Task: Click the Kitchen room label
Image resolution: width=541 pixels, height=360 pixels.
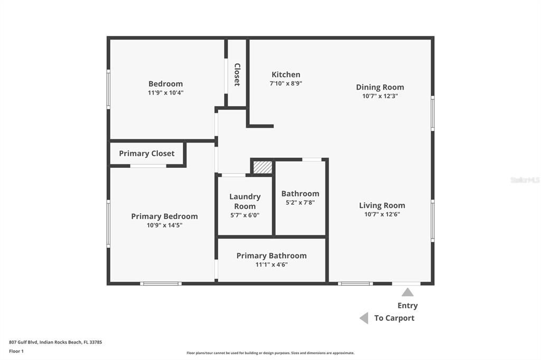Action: pos(286,74)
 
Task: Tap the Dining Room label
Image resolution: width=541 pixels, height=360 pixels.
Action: pos(380,87)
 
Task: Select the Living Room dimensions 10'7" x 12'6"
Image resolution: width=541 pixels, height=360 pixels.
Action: pos(382,214)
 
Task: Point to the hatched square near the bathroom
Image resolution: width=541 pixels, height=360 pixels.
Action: pos(263,167)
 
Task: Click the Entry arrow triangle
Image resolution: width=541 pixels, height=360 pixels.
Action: pos(407,292)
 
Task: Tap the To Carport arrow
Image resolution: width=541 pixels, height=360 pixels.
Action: pos(363,318)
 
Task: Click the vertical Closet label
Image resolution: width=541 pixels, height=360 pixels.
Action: pos(237,74)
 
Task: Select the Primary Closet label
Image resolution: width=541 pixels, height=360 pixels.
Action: pos(146,154)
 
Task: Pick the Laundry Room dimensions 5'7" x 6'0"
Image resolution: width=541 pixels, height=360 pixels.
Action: pos(245,215)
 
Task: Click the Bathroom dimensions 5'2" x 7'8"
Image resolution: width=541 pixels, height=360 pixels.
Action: pos(300,202)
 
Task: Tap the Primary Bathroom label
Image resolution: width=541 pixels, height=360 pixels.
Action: pos(271,255)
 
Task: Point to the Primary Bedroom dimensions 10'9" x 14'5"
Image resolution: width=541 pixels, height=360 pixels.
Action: pos(164,225)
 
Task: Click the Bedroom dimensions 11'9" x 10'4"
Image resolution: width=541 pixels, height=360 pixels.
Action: pos(165,92)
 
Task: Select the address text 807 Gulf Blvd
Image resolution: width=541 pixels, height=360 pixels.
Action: pos(55,342)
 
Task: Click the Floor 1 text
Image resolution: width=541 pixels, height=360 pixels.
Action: pos(16,350)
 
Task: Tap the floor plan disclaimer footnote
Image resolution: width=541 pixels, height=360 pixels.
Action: pos(270,353)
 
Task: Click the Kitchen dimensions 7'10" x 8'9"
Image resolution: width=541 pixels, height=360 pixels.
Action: pos(286,83)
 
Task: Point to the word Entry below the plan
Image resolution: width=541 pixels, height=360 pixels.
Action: pos(407,306)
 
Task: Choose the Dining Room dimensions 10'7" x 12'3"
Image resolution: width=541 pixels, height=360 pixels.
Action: pos(380,96)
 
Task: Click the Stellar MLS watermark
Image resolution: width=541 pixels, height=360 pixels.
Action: pos(525,180)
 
